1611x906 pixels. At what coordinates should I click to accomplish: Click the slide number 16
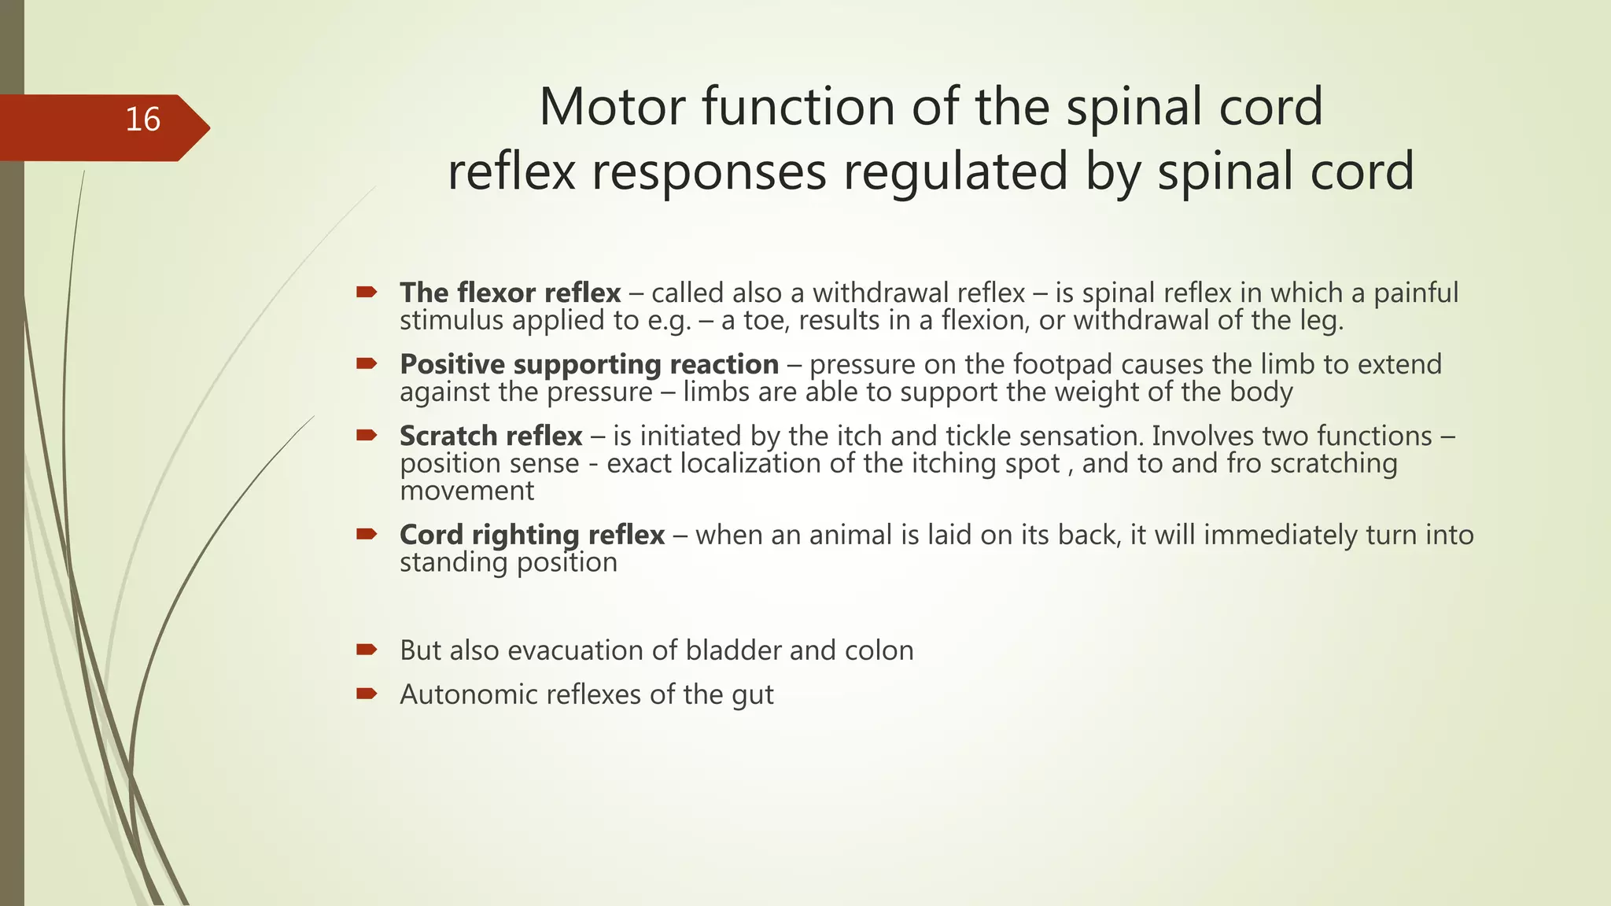(143, 120)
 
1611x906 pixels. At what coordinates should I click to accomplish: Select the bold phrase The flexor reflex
(510, 293)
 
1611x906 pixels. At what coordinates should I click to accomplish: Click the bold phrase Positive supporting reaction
(588, 364)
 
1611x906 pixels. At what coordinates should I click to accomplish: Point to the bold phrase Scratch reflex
(491, 436)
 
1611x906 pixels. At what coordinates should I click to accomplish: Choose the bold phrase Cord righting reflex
(532, 535)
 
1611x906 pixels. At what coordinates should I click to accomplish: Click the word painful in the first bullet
(1415, 293)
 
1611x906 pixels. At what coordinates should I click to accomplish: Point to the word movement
(466, 491)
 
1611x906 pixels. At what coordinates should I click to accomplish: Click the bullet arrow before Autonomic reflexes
(366, 694)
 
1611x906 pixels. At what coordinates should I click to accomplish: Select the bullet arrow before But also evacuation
(366, 650)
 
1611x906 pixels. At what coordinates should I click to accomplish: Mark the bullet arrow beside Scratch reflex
(366, 435)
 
